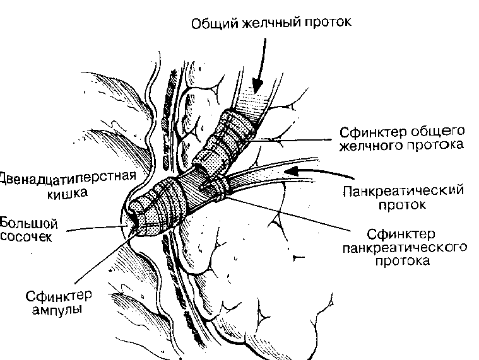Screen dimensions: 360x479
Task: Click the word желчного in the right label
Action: coord(370,146)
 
